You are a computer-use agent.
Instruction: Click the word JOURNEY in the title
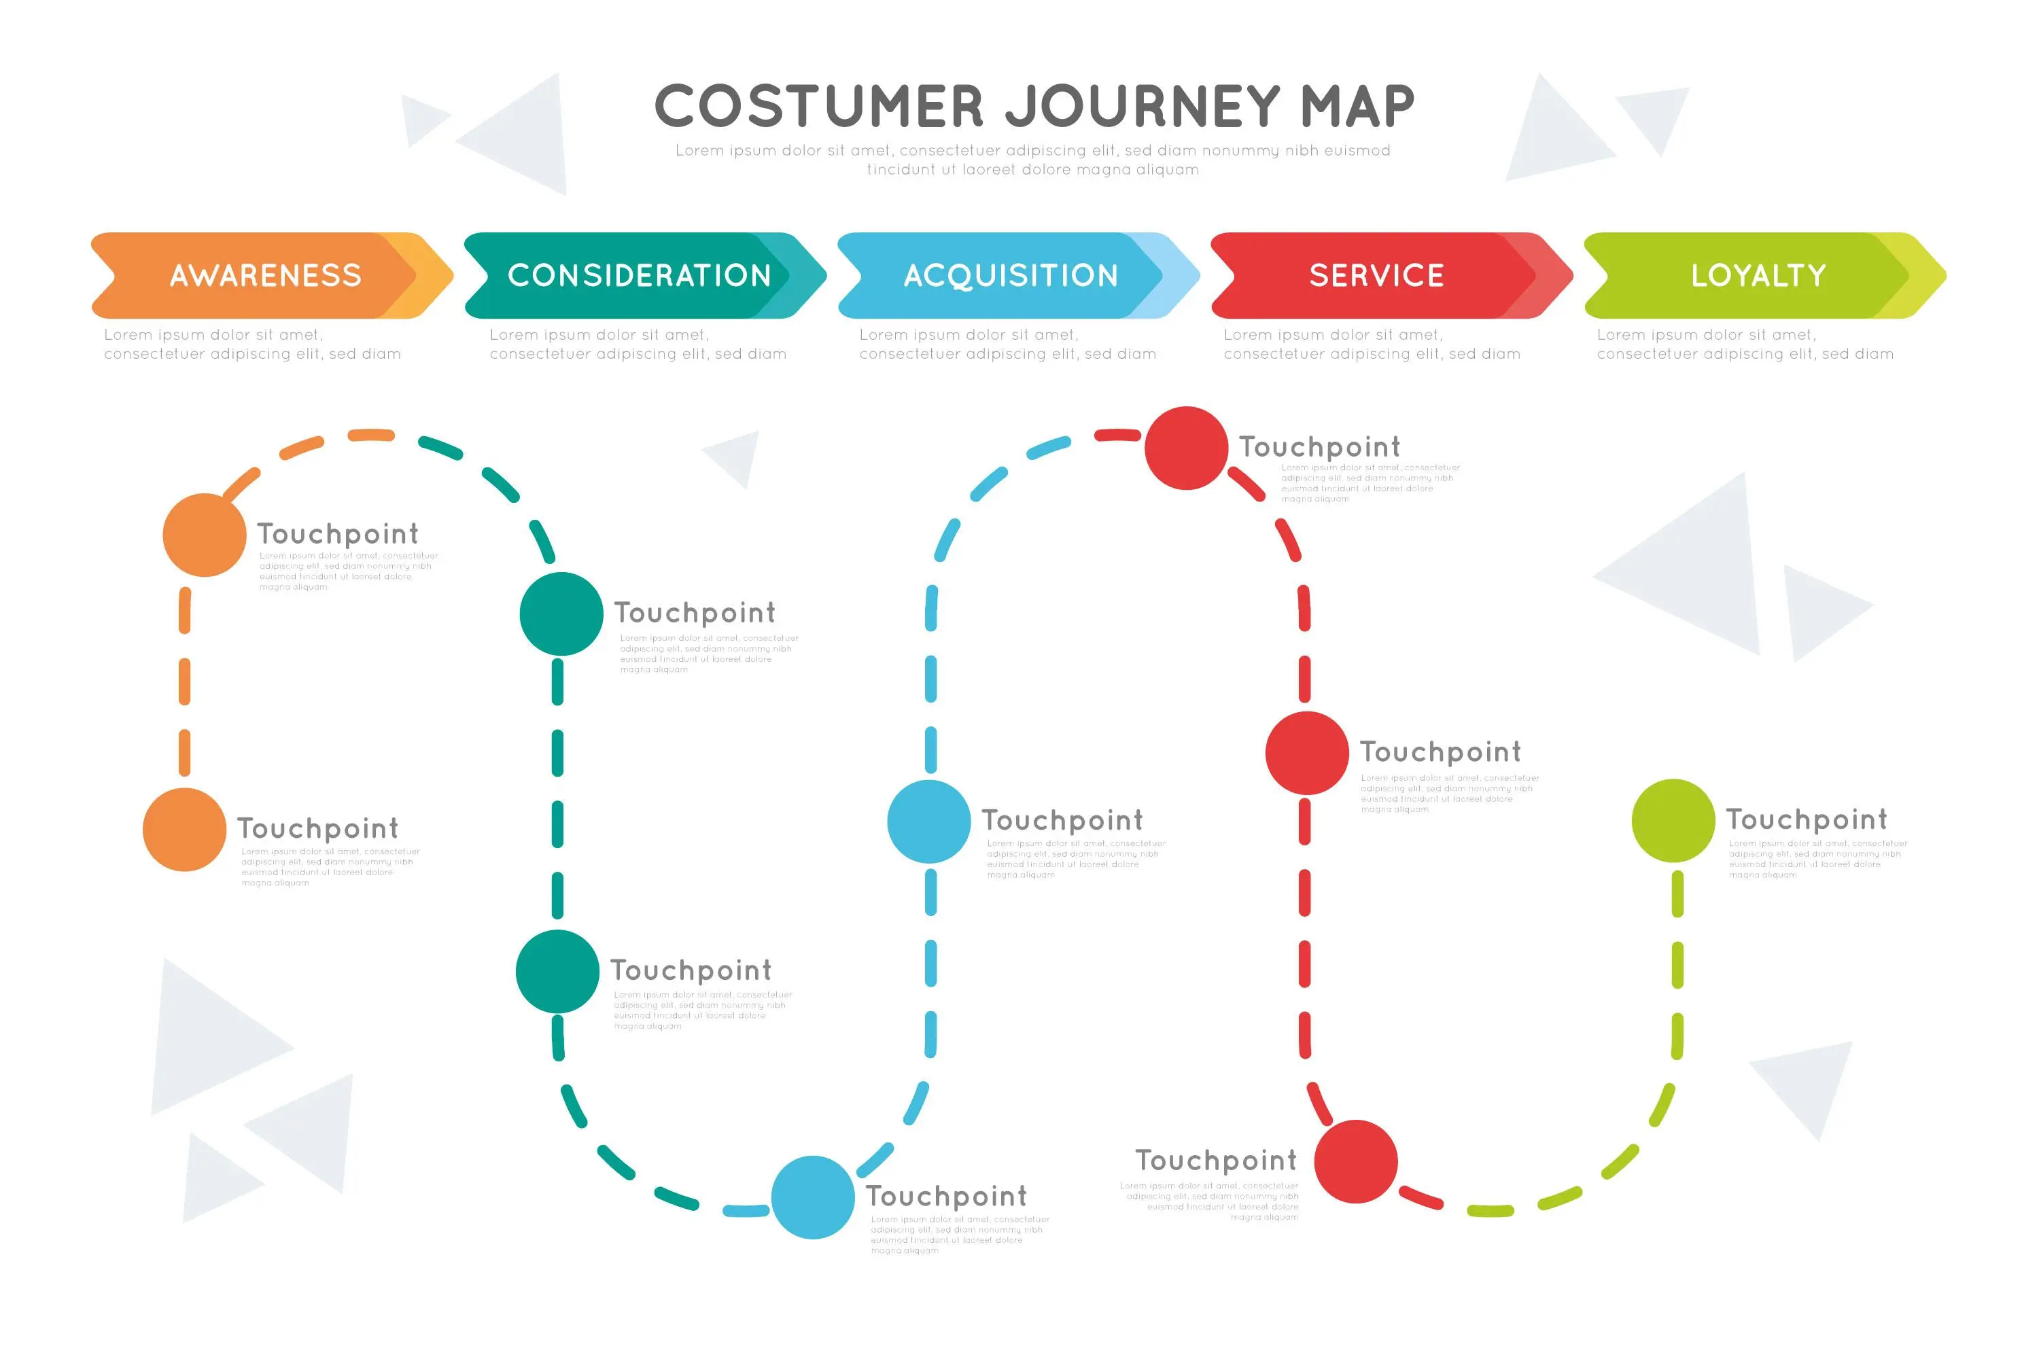1143,107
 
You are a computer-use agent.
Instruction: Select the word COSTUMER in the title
818,107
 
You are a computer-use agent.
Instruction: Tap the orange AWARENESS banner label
265,276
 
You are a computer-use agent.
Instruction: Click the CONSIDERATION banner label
639,276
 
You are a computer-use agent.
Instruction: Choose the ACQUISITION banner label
1011,276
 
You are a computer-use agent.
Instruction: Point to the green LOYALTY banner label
1758,276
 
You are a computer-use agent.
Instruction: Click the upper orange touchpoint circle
205,535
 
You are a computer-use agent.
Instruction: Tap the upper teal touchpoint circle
561,614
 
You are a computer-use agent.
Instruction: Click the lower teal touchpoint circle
557,972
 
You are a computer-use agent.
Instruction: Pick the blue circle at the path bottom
813,1197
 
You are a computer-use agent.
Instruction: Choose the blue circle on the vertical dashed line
928,822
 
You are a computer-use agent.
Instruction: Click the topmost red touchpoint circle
1186,448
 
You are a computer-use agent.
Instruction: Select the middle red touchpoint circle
1306,753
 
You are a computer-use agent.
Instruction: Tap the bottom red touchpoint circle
1356,1161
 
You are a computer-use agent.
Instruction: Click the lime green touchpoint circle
1673,821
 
